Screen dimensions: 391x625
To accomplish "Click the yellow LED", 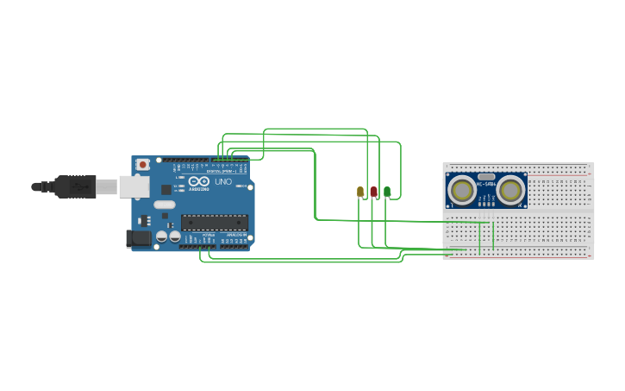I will [x=360, y=192].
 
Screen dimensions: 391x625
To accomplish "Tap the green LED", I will [x=387, y=192].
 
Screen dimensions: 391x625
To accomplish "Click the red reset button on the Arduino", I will [x=142, y=164].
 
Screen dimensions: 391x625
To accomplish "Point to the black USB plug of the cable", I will [x=74, y=186].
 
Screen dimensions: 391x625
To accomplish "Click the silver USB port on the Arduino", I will [x=133, y=186].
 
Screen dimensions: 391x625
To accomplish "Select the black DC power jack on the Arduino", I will [x=137, y=239].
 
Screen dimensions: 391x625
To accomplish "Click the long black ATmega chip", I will [x=214, y=222].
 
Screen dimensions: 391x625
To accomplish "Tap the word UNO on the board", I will [x=222, y=182].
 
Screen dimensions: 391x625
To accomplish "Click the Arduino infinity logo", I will [x=197, y=182].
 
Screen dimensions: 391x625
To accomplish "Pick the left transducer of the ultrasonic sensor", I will [x=462, y=190].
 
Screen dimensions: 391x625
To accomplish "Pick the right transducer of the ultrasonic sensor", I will [x=511, y=190].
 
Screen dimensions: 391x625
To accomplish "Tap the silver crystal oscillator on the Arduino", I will [x=165, y=205].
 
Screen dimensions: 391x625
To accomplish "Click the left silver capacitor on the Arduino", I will [x=161, y=236].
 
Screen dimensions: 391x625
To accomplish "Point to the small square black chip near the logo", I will [x=166, y=189].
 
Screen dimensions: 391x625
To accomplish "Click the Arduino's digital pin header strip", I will [x=211, y=160].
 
